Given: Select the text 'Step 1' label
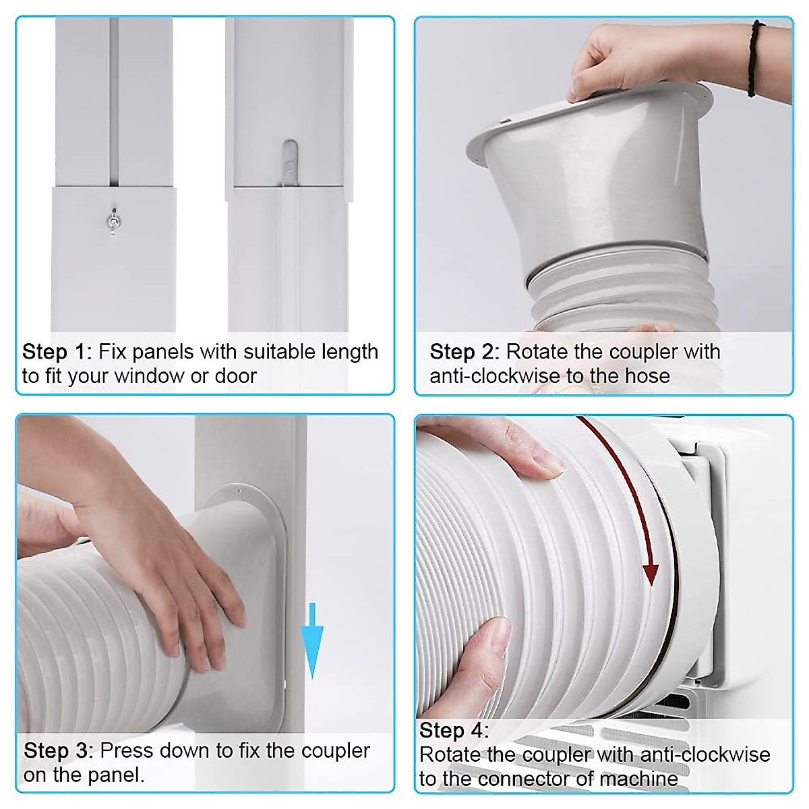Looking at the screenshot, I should (54, 352).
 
